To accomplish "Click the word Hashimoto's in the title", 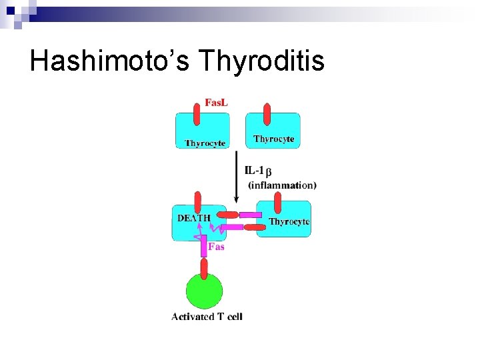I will pos(111,61).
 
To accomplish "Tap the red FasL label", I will pos(216,103).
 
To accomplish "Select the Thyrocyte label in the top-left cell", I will pos(205,143).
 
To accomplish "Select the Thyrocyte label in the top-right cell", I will pos(273,139).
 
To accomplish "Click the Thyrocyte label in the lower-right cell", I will pos(289,221).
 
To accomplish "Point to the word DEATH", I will pos(194,217).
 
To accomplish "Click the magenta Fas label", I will pos(217,247).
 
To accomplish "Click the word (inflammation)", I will pos(282,185).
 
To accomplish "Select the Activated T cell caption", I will pos(207,317).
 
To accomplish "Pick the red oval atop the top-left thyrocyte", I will pos(196,114).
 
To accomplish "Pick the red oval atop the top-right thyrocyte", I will pos(267,114).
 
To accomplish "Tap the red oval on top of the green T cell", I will pos(204,267).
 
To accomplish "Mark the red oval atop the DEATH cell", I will pos(197,202).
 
